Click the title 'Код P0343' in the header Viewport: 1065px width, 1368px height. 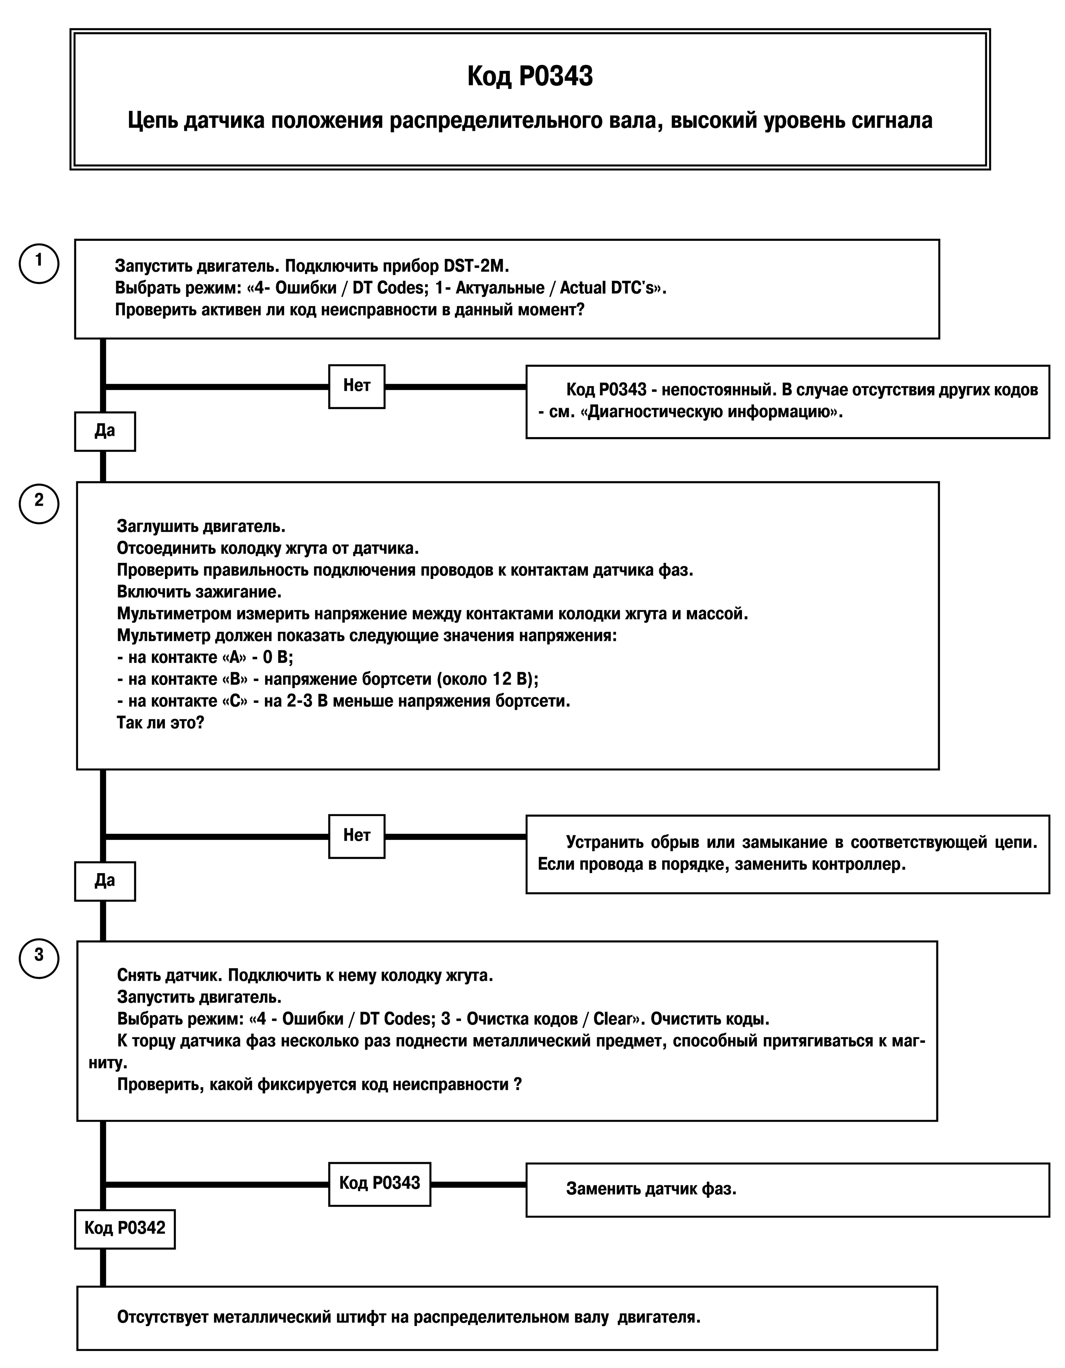[x=530, y=76]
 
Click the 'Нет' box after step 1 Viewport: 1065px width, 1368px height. [x=357, y=386]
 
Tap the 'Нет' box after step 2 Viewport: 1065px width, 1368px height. [x=357, y=836]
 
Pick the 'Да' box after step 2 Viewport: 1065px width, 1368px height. [x=105, y=881]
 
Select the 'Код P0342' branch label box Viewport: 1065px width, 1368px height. [x=125, y=1229]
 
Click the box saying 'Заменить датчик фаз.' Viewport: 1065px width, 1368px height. [x=787, y=1190]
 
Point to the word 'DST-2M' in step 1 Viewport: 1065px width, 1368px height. [x=474, y=266]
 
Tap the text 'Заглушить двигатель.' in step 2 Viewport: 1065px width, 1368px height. [x=201, y=527]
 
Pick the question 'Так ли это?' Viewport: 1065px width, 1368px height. [x=161, y=723]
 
